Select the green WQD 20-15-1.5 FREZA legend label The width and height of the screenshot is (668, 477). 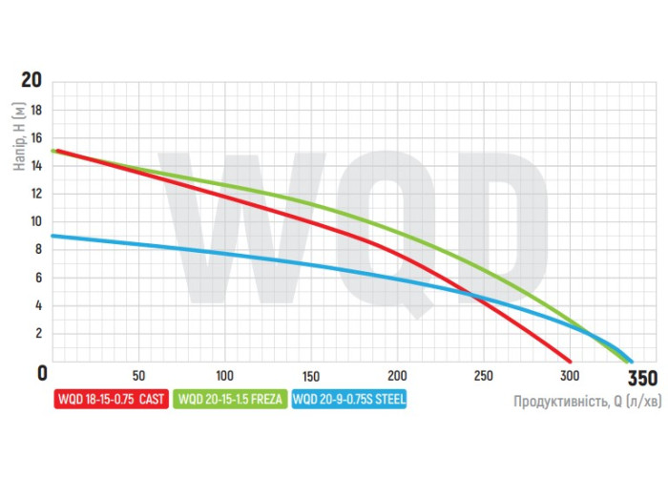pyautogui.click(x=230, y=401)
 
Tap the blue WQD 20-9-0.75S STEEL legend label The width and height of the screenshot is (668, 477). pyautogui.click(x=350, y=401)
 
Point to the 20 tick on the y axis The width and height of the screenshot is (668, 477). pyautogui.click(x=31, y=80)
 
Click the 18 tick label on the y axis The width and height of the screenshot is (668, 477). pyautogui.click(x=36, y=110)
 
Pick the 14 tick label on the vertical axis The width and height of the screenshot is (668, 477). pyautogui.click(x=36, y=166)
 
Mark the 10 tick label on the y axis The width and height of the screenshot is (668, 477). pyautogui.click(x=36, y=221)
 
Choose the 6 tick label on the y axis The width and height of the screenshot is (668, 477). pyautogui.click(x=38, y=278)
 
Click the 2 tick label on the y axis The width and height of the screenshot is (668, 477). pyautogui.click(x=38, y=334)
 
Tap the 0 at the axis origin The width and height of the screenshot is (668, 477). pyautogui.click(x=41, y=373)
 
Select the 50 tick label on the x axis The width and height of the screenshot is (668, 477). pyautogui.click(x=138, y=374)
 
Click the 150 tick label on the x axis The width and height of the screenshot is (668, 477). pyautogui.click(x=311, y=374)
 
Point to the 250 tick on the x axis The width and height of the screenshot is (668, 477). pyautogui.click(x=484, y=374)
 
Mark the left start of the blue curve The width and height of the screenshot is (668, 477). pyautogui.click(x=53, y=236)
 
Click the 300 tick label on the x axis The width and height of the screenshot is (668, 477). pyautogui.click(x=570, y=374)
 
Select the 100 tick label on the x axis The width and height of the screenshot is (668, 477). pyautogui.click(x=225, y=374)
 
